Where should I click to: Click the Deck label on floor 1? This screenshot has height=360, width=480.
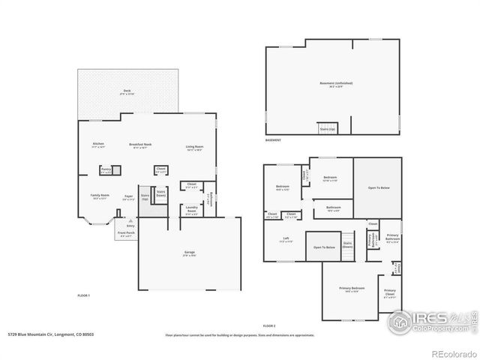(x=127, y=92)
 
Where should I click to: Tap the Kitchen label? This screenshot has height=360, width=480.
(x=98, y=145)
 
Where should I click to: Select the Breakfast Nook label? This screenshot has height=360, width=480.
(x=140, y=145)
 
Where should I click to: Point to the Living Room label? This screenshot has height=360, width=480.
(x=195, y=147)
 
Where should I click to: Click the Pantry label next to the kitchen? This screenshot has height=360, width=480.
(x=106, y=170)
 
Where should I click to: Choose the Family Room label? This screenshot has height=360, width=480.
(x=100, y=196)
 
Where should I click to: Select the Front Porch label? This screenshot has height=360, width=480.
(x=126, y=233)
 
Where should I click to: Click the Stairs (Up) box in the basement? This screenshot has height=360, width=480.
(x=328, y=128)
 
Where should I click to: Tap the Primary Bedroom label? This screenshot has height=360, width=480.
(x=351, y=289)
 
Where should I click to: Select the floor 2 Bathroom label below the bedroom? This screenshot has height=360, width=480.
(x=334, y=208)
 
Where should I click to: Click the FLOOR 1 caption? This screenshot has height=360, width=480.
(x=84, y=296)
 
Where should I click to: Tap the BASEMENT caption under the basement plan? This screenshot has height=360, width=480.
(x=274, y=140)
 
